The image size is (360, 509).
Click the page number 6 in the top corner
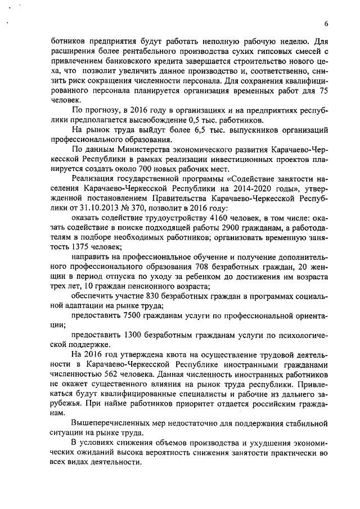[x=326, y=23]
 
